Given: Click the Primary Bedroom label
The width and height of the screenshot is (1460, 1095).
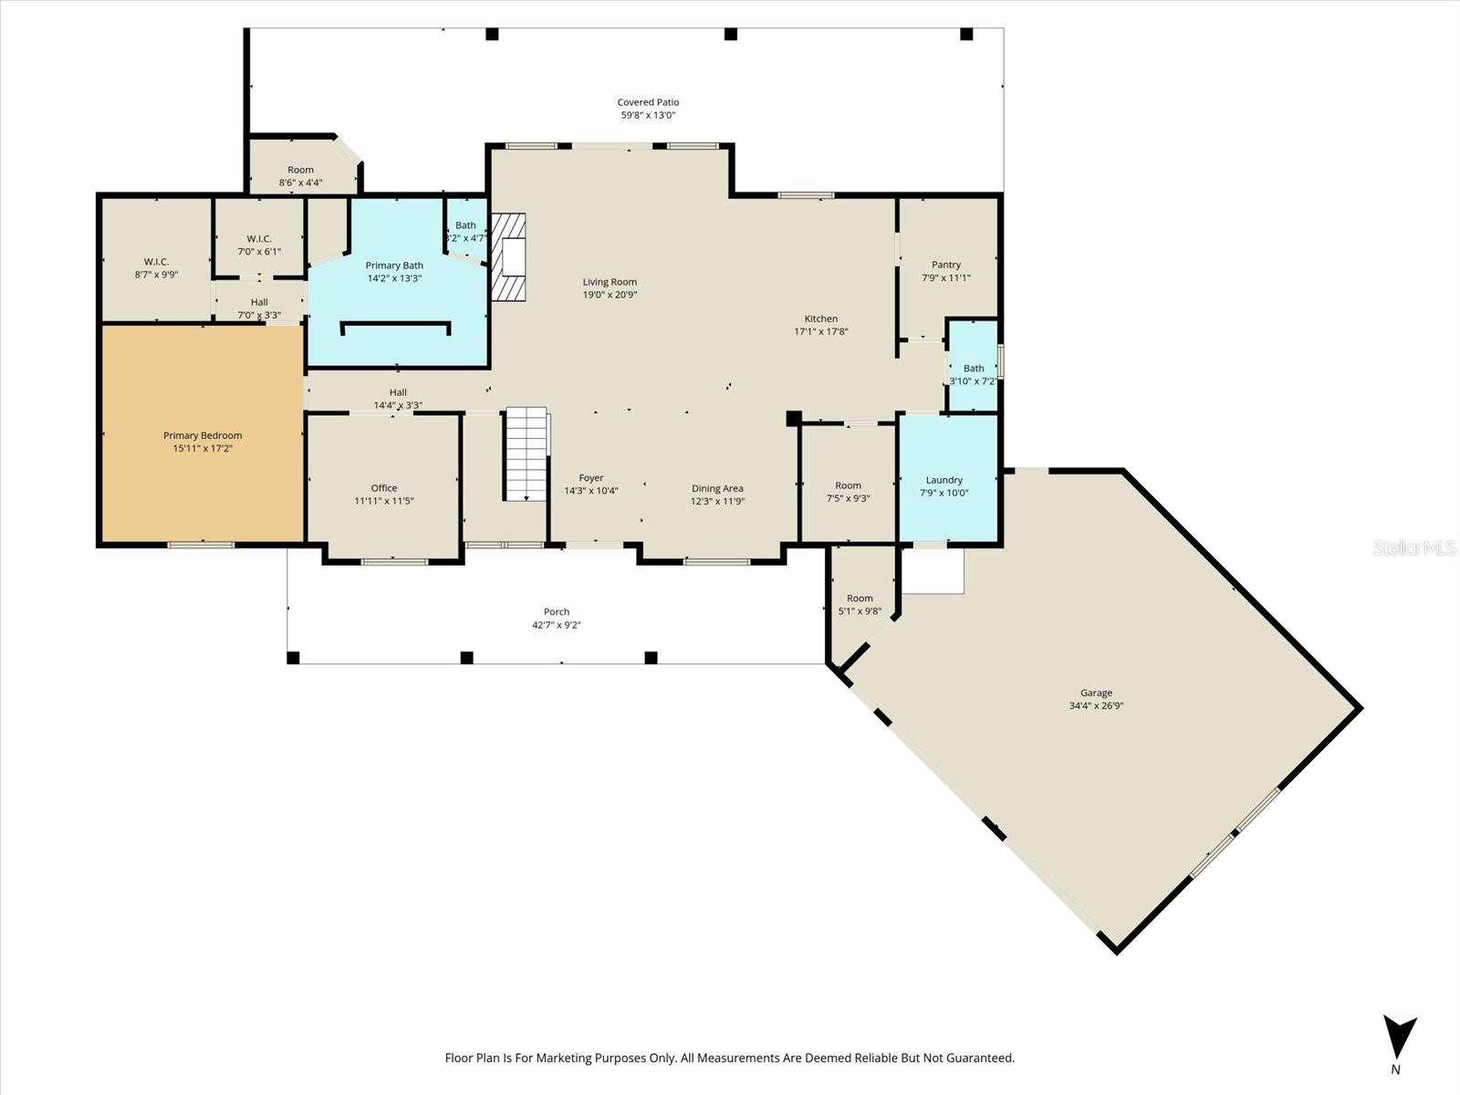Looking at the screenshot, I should point(203,436).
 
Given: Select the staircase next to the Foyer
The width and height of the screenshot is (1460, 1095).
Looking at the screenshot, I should point(527,454).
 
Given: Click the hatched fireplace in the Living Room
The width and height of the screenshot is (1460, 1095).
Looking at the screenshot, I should point(509,257).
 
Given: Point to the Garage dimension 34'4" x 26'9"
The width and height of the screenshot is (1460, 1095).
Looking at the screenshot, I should point(1096,705).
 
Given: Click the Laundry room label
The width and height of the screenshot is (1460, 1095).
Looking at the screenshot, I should point(944,480).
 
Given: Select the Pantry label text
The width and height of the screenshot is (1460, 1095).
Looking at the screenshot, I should point(946,265).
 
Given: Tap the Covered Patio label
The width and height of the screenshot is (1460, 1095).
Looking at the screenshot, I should point(648,102).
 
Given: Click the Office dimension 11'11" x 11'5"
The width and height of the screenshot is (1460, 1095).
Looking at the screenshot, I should point(384,501).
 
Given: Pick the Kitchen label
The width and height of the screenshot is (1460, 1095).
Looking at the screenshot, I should point(821,318).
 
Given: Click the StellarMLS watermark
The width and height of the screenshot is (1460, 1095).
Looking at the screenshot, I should point(1413,547).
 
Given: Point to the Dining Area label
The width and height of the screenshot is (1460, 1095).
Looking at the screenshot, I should point(717,488).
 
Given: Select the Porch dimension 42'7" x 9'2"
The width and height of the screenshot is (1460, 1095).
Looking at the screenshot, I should point(557,625).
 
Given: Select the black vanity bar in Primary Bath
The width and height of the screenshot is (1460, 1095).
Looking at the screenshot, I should point(395,325).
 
